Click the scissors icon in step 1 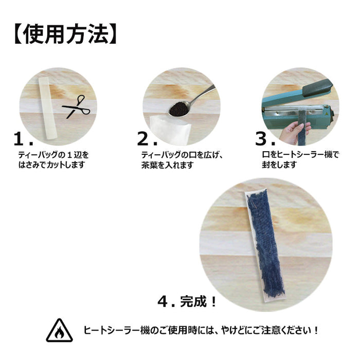[x=76, y=106]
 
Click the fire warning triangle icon [x=59, y=330]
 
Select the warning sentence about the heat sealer [x=201, y=330]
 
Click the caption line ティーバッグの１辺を [x=53, y=154]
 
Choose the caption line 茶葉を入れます [x=167, y=165]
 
